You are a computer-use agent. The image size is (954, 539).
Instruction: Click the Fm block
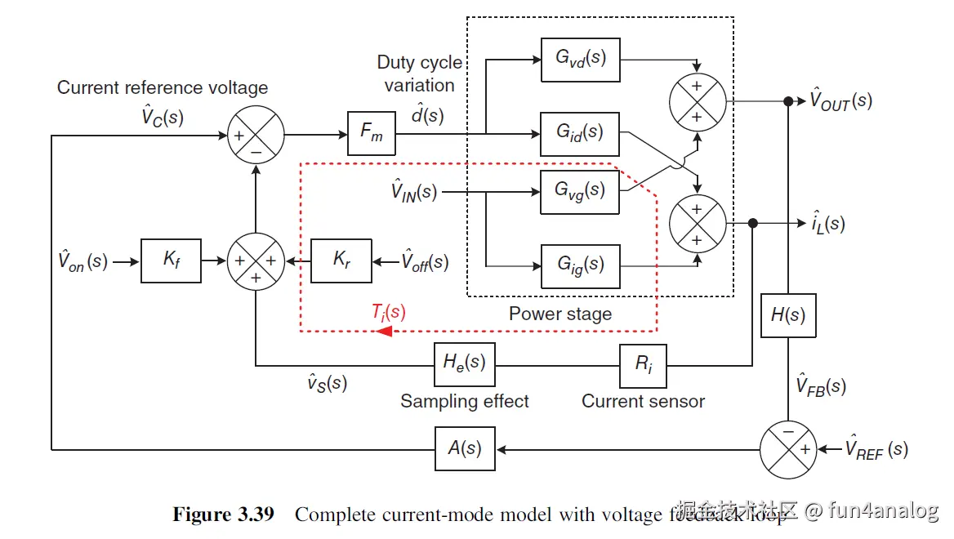click(372, 134)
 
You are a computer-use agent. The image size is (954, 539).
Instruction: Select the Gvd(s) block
click(580, 59)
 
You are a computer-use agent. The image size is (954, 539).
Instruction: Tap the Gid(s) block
click(580, 132)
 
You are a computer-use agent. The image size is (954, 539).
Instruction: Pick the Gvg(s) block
click(580, 191)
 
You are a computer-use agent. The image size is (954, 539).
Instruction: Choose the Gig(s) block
click(580, 265)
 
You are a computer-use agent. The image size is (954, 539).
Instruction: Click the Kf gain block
click(171, 261)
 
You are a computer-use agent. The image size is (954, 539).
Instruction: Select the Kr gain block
click(341, 261)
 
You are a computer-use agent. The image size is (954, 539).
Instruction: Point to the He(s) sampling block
click(464, 364)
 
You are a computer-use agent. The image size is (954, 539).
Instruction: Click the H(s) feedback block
click(788, 315)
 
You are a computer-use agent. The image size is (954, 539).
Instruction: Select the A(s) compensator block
click(464, 448)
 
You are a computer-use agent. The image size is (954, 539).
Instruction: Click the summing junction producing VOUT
click(697, 103)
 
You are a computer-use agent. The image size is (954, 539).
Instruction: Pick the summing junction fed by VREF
click(789, 449)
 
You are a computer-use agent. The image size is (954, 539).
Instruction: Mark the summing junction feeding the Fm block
click(255, 134)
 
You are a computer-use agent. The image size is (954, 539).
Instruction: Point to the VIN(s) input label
click(414, 193)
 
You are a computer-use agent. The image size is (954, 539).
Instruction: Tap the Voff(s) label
click(425, 262)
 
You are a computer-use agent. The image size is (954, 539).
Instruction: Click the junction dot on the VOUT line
click(788, 102)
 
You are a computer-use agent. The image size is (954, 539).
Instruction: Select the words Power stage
click(559, 314)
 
